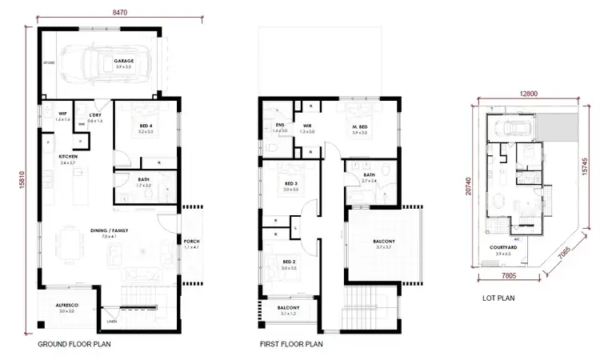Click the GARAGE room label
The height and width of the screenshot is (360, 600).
point(123,61)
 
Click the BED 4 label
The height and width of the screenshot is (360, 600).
point(145,126)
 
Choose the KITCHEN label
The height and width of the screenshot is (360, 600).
point(67,157)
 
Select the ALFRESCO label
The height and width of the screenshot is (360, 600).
point(66,305)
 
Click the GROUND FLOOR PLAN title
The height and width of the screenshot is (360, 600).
point(74,346)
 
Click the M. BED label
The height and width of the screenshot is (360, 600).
point(359,128)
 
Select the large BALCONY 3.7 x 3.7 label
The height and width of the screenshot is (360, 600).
point(384,243)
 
